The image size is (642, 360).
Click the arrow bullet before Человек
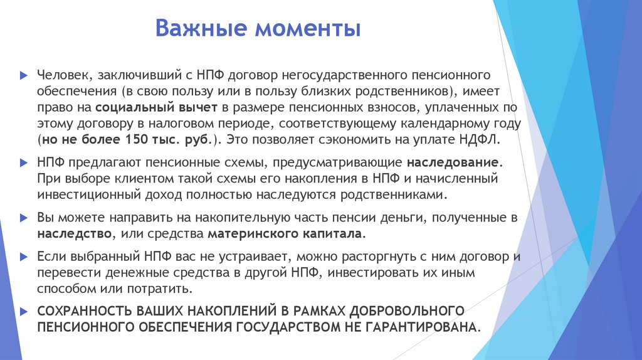23,75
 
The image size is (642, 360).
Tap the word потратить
160,289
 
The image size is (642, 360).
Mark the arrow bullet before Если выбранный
23,257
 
